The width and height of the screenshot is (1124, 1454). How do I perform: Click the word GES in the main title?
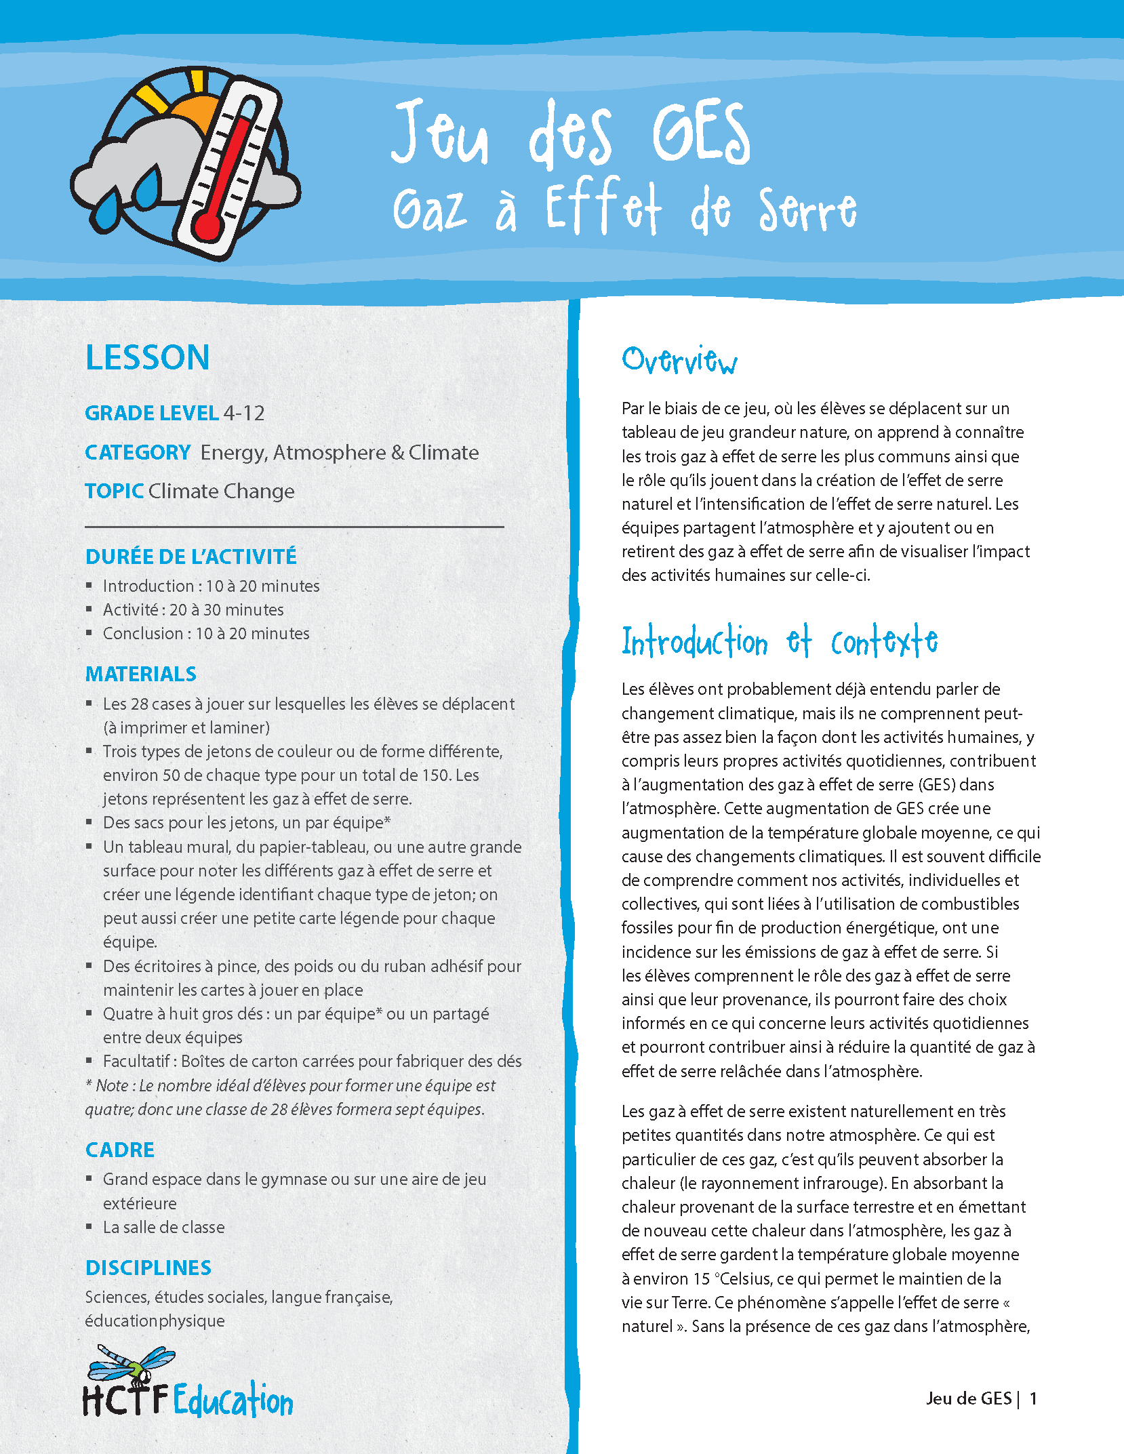point(701,134)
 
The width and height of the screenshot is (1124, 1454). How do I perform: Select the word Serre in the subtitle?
point(807,210)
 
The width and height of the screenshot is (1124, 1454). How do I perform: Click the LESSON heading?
point(147,357)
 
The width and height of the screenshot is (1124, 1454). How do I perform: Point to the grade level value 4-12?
point(244,413)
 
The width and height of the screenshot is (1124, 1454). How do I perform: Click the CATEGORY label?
point(138,452)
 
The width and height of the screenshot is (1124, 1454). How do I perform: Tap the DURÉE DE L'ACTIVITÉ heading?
point(191,557)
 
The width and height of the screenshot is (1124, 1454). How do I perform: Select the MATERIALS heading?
point(141,674)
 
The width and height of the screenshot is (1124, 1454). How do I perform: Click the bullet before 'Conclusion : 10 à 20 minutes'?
point(89,632)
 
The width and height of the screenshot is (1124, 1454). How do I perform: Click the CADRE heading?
point(120,1150)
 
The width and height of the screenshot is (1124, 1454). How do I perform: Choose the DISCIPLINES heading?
point(148,1268)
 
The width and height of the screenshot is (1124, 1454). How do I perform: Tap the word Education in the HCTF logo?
point(233,1400)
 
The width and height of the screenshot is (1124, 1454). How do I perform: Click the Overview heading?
point(679,360)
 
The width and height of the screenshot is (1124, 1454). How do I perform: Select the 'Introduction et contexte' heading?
point(780,641)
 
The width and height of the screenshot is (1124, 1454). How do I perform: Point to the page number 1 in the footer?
point(1033,1398)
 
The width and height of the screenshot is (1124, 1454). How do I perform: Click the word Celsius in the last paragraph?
point(746,1278)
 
